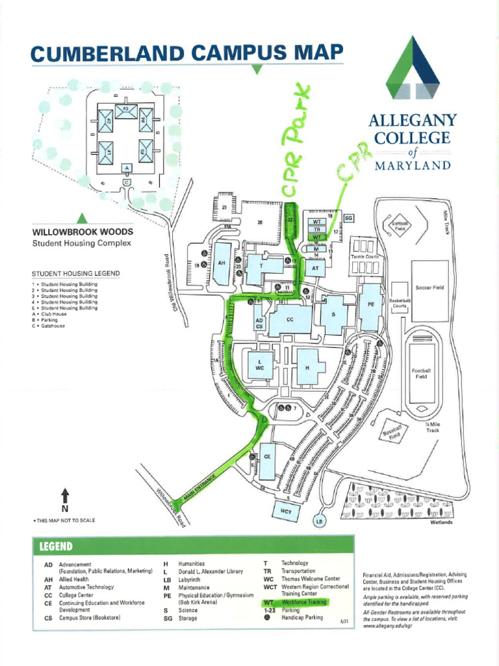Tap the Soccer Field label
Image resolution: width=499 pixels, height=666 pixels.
click(429, 287)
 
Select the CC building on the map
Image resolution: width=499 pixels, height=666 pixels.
click(289, 320)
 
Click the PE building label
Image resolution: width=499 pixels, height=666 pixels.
click(371, 304)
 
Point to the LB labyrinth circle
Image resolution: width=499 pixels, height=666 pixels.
click(320, 522)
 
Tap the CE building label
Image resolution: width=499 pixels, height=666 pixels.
click(267, 457)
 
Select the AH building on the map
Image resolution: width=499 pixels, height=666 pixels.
click(222, 263)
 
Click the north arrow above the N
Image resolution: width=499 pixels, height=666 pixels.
click(65, 494)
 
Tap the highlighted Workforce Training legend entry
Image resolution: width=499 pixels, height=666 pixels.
click(302, 602)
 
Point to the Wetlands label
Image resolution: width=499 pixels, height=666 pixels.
click(441, 522)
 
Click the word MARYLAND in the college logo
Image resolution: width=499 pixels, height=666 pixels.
click(413, 165)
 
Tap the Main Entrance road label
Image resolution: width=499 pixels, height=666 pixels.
click(199, 488)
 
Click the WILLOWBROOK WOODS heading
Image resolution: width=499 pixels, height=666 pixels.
click(83, 232)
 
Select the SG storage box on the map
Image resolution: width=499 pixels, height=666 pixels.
click(348, 218)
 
